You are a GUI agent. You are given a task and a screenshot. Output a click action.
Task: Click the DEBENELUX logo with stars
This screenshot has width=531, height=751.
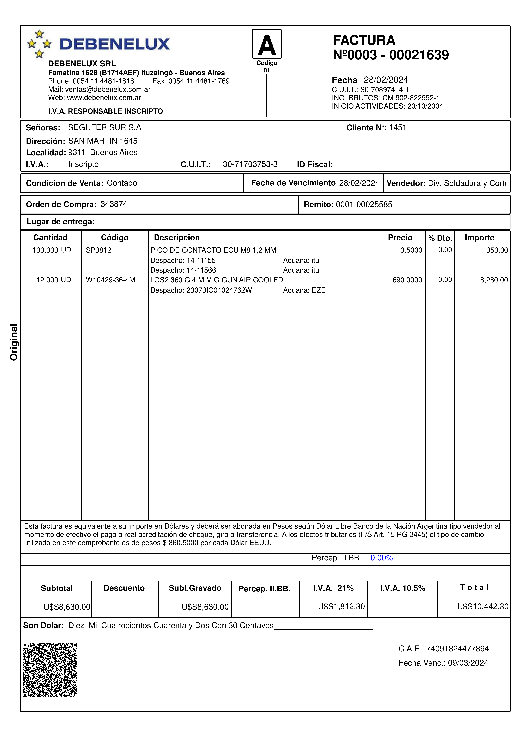(x=98, y=44)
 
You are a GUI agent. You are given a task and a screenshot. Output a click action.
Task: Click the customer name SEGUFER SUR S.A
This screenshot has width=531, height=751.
(x=105, y=128)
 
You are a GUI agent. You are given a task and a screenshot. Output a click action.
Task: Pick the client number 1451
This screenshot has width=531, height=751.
(x=397, y=128)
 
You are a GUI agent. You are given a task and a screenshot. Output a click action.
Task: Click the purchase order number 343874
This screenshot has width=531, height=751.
(x=114, y=204)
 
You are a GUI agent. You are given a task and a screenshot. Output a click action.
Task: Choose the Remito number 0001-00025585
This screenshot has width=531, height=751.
(x=364, y=204)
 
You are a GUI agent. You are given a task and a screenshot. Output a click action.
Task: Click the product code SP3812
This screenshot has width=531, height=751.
(x=99, y=250)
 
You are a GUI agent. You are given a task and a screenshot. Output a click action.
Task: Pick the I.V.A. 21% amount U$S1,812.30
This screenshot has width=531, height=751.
(x=341, y=606)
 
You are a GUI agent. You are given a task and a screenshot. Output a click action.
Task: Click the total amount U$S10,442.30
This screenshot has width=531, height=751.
(x=483, y=606)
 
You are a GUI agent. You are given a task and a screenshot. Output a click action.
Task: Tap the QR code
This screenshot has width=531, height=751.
(x=50, y=670)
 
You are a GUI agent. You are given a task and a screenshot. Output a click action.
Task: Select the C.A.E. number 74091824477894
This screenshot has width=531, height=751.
(x=457, y=649)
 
